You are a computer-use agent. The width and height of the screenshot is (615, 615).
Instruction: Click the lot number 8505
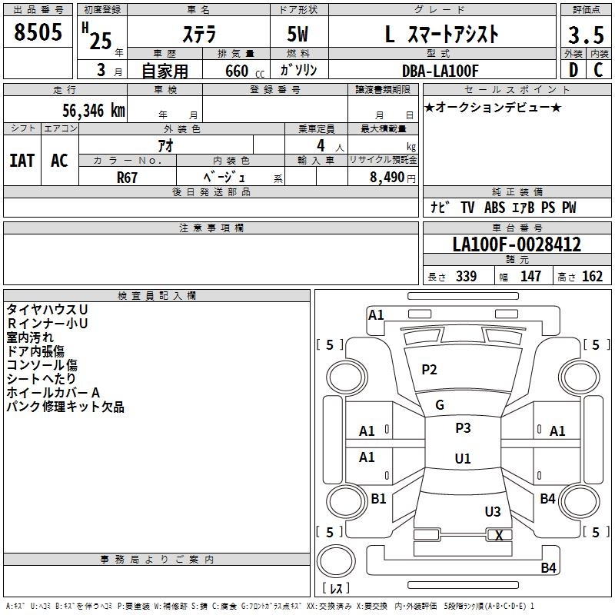[x=38, y=33]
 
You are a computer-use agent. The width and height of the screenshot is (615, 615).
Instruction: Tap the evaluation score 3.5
[x=584, y=35]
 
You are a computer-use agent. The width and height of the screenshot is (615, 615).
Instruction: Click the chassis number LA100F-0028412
[x=517, y=245]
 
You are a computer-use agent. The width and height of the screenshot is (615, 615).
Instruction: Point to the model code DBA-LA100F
[x=440, y=71]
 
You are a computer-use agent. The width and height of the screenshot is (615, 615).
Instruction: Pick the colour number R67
[x=128, y=177]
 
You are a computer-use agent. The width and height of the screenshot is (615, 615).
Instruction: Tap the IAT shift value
[x=22, y=160]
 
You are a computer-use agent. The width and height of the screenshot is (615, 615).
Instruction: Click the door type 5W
[x=299, y=35]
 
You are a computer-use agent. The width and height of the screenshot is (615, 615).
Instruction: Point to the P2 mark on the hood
[x=429, y=370]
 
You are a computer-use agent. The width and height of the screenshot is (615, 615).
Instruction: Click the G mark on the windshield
[x=440, y=405]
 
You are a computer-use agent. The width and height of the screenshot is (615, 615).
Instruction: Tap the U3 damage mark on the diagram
[x=493, y=511]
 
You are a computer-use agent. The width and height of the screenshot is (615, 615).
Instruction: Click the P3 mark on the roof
[x=463, y=428]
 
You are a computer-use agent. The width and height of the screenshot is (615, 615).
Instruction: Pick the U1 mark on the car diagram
[x=463, y=458]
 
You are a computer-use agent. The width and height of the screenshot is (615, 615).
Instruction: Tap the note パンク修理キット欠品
[x=65, y=407]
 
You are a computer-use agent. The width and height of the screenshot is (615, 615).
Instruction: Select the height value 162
[x=592, y=277]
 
